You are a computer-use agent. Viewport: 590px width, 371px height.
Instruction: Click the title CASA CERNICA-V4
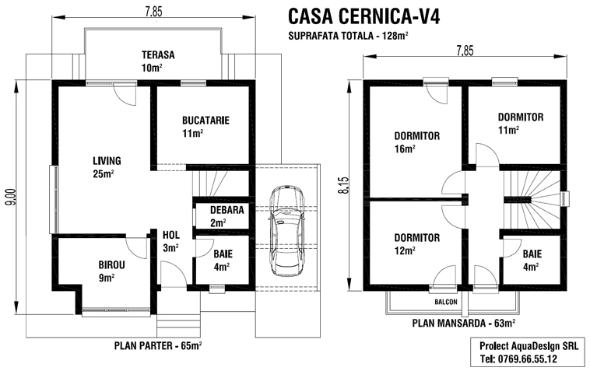coord(364,16)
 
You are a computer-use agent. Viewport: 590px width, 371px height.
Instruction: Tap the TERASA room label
coord(157,55)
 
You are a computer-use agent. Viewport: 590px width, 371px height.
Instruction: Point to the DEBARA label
coord(212,209)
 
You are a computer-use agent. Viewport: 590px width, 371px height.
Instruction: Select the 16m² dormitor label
coord(416,135)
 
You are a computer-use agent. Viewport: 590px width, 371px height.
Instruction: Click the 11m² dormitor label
coord(520,117)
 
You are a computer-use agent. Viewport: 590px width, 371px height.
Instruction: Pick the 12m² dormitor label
coord(416,237)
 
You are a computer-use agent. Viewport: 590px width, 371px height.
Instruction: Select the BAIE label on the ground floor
coord(222,254)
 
